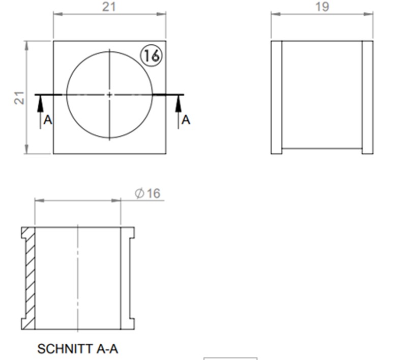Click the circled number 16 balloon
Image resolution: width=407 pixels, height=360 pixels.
coord(151,56)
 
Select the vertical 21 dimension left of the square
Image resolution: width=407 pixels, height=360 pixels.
coord(19,98)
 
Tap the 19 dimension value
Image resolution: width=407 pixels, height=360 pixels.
coord(322,7)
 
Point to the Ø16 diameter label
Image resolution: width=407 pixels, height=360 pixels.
coord(147,193)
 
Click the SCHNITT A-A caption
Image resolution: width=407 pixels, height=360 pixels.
coord(78,349)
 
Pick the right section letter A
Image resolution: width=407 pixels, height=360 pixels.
coord(186,120)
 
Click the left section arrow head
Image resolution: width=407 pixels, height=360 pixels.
coord(40,101)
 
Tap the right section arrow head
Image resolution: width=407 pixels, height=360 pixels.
coord(178,101)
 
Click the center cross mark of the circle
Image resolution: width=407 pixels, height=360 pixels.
coord(109,94)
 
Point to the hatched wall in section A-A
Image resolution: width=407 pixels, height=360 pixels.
coord(31,278)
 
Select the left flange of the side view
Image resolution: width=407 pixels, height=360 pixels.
coord(276,97)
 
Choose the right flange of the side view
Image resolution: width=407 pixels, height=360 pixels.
coord(367,97)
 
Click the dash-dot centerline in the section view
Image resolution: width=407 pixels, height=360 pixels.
coord(77,278)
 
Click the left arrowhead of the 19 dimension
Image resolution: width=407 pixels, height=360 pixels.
coord(274,14)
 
